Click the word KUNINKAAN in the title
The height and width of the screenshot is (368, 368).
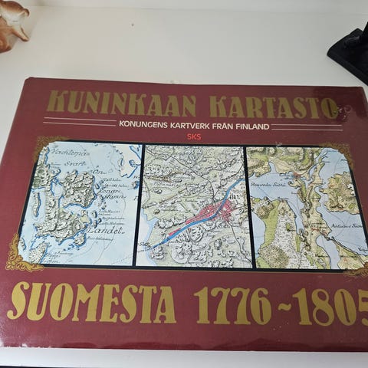click(121, 103)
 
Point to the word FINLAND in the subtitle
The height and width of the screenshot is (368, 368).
click(252, 126)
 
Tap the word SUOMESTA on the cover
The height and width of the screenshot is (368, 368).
click(92, 302)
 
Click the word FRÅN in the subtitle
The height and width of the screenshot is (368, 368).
click(224, 126)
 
